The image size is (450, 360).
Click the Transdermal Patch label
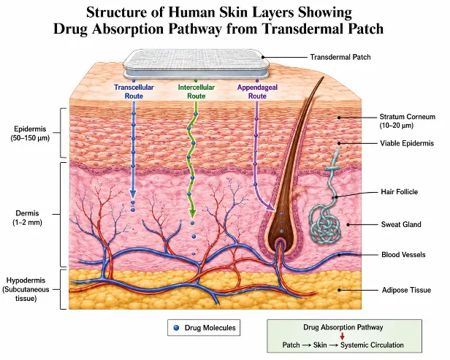coord(340,57)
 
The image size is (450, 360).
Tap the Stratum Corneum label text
coord(407,121)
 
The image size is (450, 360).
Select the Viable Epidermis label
coord(407,143)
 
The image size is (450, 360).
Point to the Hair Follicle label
coord(399,191)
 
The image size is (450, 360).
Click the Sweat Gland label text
coord(401,224)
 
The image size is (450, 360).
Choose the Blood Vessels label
coord(403,254)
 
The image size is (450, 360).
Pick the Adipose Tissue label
coord(406,290)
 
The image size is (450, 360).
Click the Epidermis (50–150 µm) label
coord(30,134)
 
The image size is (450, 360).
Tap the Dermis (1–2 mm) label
coord(27,218)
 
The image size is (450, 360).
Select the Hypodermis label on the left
coord(26,289)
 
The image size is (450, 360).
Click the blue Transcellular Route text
coord(134,91)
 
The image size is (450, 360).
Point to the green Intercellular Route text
coord(197,91)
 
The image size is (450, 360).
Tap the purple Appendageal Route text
coord(257,91)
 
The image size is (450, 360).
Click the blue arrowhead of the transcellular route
coord(133,194)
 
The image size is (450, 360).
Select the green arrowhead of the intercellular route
coord(192,213)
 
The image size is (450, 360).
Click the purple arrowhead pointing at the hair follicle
coord(270,207)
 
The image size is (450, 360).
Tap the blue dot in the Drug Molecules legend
coord(177,328)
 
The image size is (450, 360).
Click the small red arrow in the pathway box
coord(342,336)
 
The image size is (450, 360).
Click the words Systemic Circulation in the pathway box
coord(372,345)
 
